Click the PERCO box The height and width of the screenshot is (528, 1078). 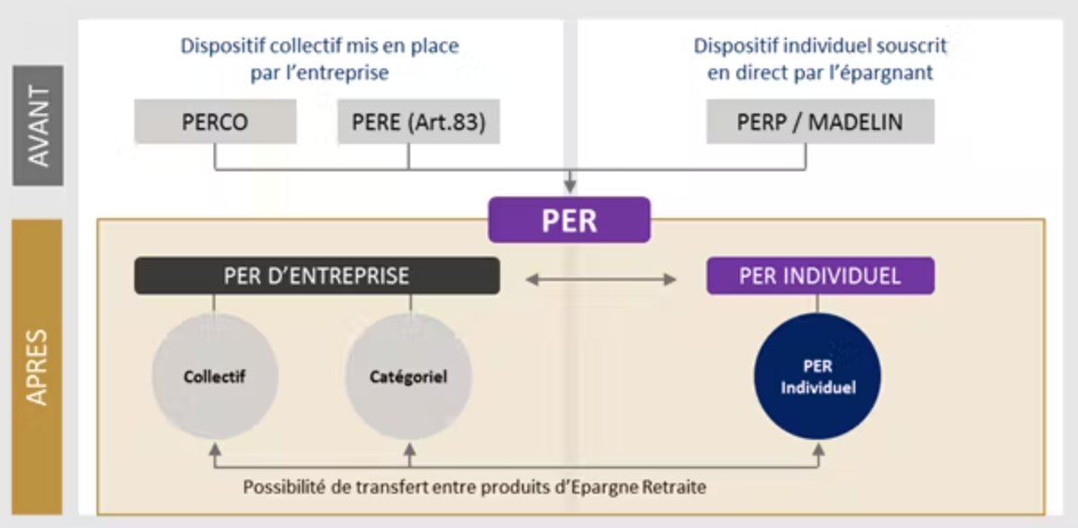(215, 122)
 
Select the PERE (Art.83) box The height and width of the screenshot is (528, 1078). (418, 122)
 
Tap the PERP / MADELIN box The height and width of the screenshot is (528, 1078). (820, 122)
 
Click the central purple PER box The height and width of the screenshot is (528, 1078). (569, 220)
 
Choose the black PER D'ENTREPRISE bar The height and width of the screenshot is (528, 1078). (316, 276)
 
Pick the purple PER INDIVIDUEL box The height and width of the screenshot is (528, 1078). (820, 276)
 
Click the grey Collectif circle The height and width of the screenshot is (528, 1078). (215, 377)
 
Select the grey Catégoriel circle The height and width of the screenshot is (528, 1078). (409, 377)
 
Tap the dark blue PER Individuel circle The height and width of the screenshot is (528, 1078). (818, 377)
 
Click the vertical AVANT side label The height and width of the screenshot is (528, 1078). (38, 125)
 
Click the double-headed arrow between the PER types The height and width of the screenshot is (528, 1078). (601, 279)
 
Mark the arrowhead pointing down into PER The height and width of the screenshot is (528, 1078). (570, 187)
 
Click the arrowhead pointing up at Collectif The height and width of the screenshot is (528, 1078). (215, 448)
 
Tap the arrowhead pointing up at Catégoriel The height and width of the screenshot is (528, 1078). (410, 448)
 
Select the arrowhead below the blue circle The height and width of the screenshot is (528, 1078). (818, 448)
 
